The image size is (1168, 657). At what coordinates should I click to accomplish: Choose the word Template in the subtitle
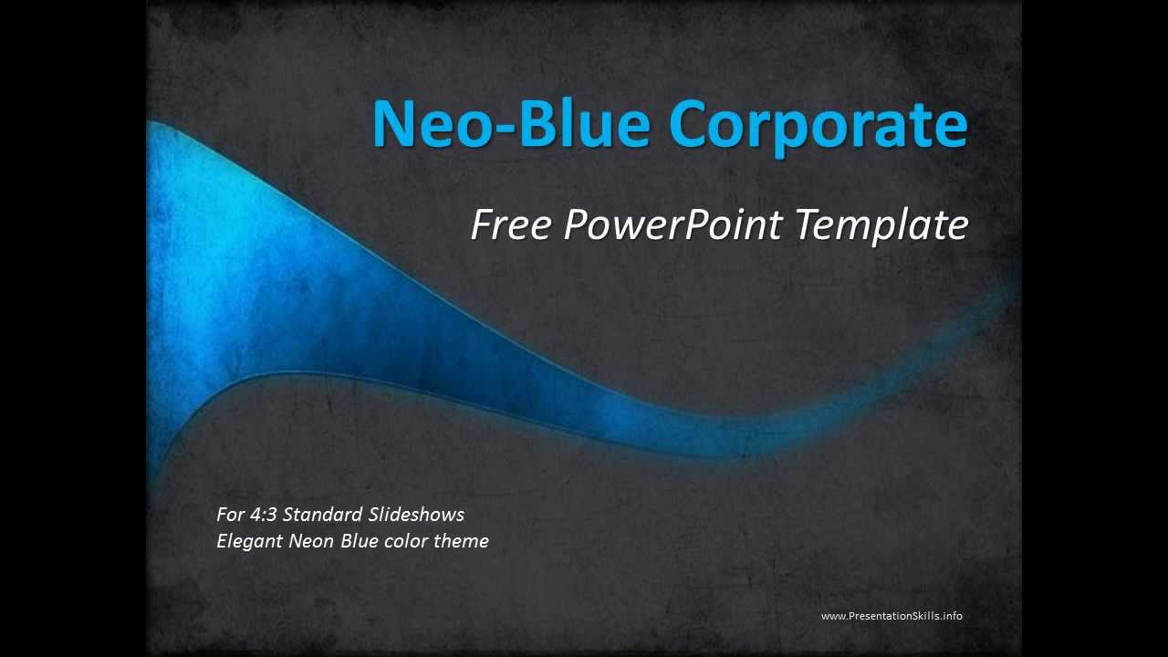pyautogui.click(x=881, y=225)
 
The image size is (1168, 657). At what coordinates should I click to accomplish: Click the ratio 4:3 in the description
pyautogui.click(x=263, y=515)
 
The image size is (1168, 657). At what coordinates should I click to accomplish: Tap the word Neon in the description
pyautogui.click(x=311, y=541)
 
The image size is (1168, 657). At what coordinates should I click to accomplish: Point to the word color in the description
pyautogui.click(x=405, y=541)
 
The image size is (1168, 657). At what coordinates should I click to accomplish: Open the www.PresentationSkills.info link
pyautogui.click(x=892, y=616)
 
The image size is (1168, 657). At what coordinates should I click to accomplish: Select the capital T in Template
pyautogui.click(x=808, y=224)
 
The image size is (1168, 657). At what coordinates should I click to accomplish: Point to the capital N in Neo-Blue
pyautogui.click(x=395, y=123)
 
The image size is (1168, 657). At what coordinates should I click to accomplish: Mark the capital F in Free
pyautogui.click(x=482, y=224)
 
